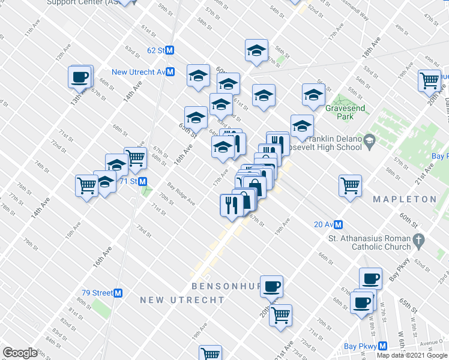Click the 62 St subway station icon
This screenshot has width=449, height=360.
coord(170,51)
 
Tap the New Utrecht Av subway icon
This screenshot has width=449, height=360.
coord(170,72)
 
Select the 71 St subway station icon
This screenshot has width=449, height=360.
coord(143,181)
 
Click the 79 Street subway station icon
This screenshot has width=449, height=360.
coord(118,293)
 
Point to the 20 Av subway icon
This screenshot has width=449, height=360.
coord(339,224)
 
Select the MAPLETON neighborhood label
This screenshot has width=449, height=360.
coord(404,199)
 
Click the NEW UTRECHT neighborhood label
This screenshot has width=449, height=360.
coord(182,299)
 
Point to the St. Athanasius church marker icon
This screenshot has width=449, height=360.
coord(420,240)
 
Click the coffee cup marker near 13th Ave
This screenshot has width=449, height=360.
coord(79,77)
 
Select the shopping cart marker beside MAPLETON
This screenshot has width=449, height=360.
coord(350,185)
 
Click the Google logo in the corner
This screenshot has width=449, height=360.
coord(20,353)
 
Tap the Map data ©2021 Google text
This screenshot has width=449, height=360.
coord(412,355)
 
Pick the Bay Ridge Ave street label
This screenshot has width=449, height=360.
coord(181,193)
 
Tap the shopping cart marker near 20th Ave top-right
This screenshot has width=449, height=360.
coord(429,80)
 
